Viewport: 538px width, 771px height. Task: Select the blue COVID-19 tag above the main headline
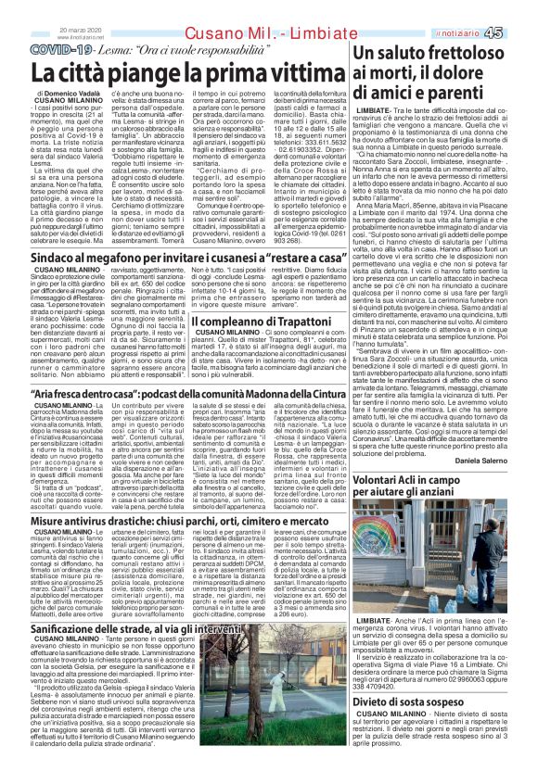point(65,46)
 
